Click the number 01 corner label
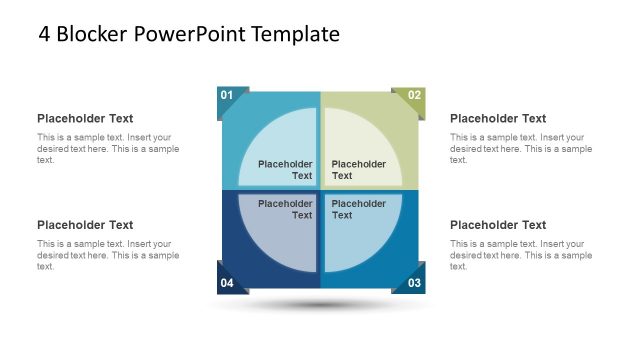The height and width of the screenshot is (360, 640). pyautogui.click(x=227, y=96)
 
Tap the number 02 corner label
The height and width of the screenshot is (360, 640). pyautogui.click(x=414, y=96)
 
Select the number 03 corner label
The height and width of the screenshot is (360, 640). pyautogui.click(x=414, y=283)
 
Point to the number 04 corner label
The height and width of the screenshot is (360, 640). pyautogui.click(x=227, y=283)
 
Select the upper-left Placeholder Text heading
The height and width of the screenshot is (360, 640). pyautogui.click(x=85, y=118)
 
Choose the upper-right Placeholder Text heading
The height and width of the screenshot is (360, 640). pyautogui.click(x=498, y=118)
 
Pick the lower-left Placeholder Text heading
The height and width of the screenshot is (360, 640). pyautogui.click(x=85, y=225)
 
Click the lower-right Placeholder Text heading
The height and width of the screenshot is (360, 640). pyautogui.click(x=498, y=225)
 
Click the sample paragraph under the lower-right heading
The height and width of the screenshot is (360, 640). pyautogui.click(x=521, y=255)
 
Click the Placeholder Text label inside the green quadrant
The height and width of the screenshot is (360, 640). pyautogui.click(x=358, y=170)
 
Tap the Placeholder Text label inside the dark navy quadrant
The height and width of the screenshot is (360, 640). pyautogui.click(x=286, y=209)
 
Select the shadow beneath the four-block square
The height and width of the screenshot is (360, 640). pyautogui.click(x=320, y=305)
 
